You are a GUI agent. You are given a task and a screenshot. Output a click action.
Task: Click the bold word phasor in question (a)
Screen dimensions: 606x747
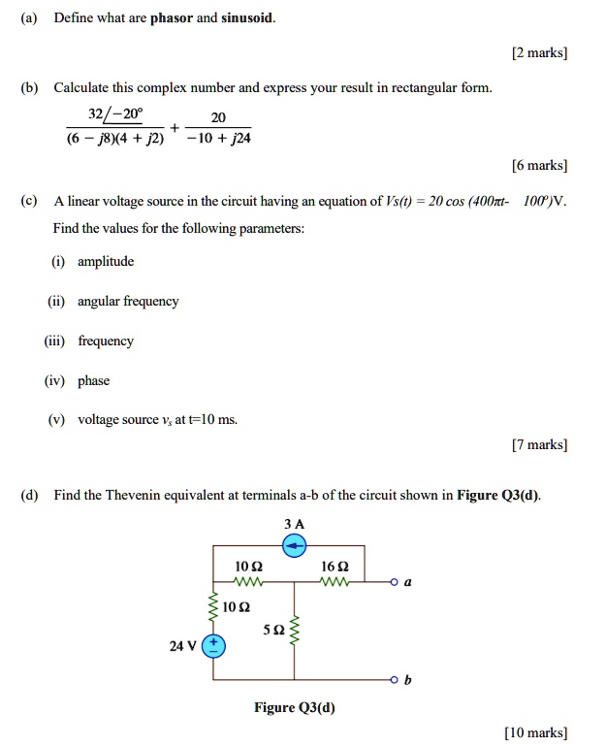(172, 18)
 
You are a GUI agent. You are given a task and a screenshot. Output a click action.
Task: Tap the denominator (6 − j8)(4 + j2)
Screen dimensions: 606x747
(114, 138)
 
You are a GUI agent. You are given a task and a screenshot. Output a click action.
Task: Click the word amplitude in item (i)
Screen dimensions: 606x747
(106, 262)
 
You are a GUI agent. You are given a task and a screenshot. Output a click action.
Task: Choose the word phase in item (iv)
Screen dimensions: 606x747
(93, 381)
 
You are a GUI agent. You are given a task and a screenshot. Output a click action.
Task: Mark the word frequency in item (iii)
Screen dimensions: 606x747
(106, 341)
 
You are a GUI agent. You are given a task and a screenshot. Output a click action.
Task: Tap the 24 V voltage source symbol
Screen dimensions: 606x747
(213, 645)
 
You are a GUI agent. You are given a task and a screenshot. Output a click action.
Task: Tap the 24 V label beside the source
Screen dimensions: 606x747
(183, 645)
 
